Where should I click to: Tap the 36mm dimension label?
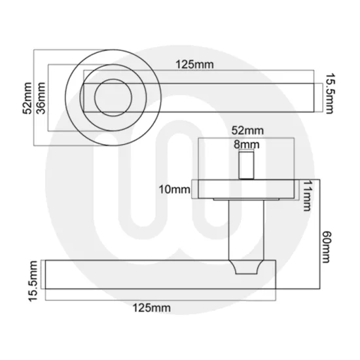(41, 98)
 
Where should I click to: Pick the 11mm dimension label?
(304, 196)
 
